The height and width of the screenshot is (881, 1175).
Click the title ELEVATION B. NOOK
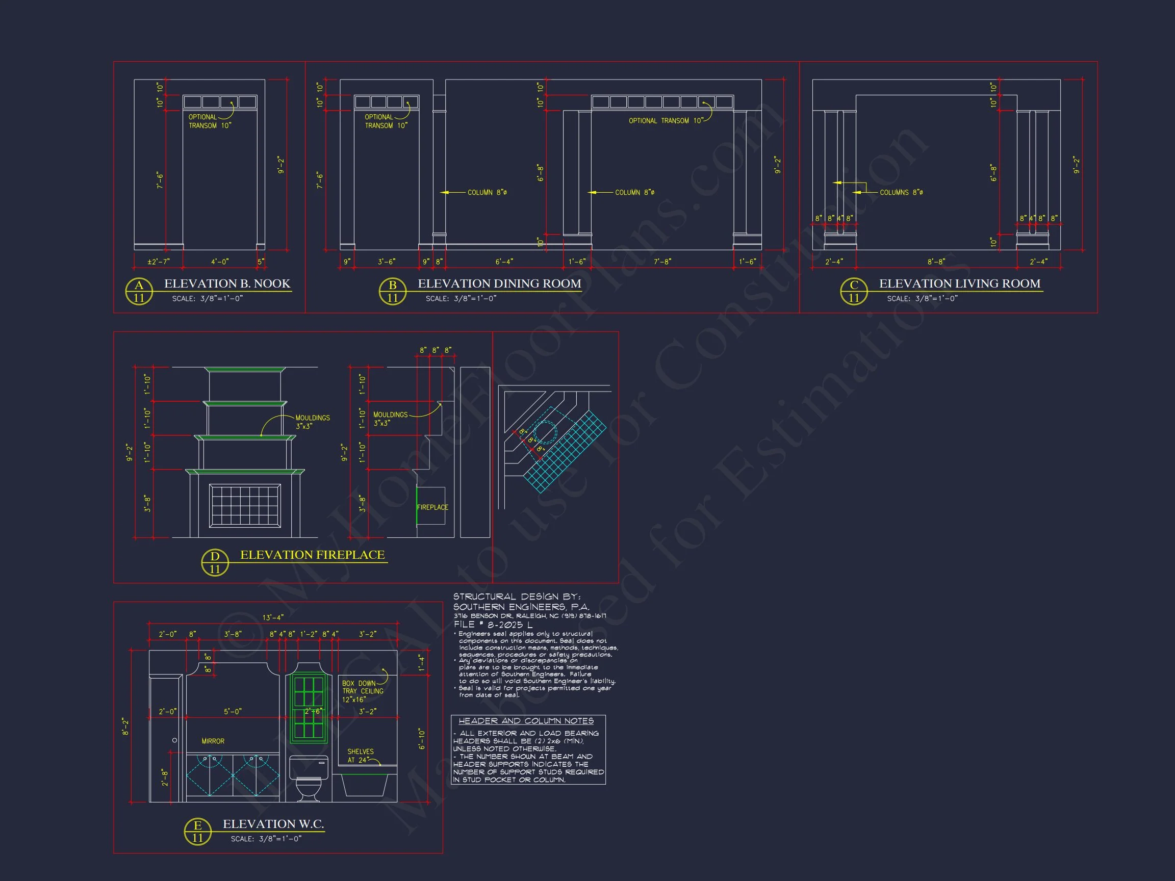(x=227, y=283)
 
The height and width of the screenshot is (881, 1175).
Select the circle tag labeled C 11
(x=854, y=291)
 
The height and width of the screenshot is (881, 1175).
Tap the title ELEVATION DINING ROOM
(x=499, y=283)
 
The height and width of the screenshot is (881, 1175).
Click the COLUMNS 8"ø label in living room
(x=901, y=192)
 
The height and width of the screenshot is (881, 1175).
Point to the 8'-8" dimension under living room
(x=936, y=262)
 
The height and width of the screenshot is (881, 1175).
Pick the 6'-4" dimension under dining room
(x=504, y=262)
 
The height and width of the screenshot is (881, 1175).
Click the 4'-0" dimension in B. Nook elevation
(x=219, y=262)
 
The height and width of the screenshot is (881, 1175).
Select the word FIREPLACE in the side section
(x=432, y=507)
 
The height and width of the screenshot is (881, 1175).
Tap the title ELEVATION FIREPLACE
(x=312, y=555)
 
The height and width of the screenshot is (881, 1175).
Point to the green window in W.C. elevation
(x=308, y=707)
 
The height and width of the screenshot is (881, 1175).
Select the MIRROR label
(x=213, y=741)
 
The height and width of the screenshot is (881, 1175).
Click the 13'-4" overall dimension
(x=273, y=617)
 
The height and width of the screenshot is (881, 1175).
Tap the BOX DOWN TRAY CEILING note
(x=363, y=691)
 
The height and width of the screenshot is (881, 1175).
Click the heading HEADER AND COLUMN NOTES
(x=526, y=720)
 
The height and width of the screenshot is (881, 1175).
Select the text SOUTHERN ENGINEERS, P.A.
(x=521, y=606)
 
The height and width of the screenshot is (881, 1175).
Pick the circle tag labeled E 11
(x=197, y=831)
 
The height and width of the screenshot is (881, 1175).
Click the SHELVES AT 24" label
(x=360, y=756)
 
